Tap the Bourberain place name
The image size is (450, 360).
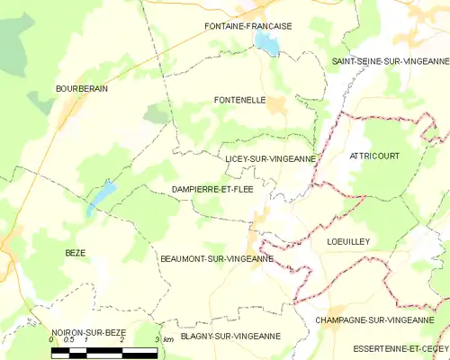[x=83, y=88]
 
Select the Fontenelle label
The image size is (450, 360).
[x=239, y=100]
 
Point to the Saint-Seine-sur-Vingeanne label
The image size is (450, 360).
[x=390, y=60]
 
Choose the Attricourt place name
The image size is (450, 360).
[x=373, y=156]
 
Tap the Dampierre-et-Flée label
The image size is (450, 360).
[x=212, y=189]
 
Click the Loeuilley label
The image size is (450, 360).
[x=348, y=241]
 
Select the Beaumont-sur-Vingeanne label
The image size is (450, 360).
[x=217, y=259]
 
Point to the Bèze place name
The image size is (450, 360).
[x=75, y=253]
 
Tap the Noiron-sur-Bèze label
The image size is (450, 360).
[x=88, y=332]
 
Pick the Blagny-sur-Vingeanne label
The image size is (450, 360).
[x=230, y=336]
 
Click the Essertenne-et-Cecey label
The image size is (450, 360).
[x=400, y=348]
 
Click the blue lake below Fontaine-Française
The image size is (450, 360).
[x=266, y=43]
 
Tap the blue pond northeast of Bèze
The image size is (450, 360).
[x=101, y=197]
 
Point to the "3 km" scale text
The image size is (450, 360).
[x=164, y=339]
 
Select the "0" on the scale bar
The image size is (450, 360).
[x=52, y=340]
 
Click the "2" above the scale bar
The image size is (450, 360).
[x=121, y=340]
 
